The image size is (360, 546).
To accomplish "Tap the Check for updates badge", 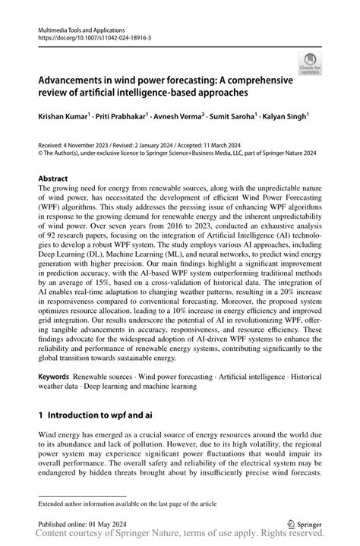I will pyautogui.click(x=310, y=65).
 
